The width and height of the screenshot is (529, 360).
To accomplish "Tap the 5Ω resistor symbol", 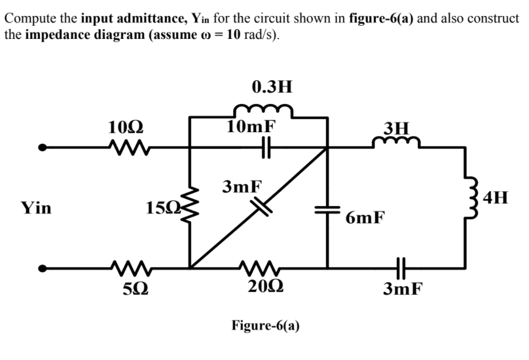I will pos(126,267).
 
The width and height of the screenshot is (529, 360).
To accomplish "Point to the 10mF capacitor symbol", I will pos(264,148).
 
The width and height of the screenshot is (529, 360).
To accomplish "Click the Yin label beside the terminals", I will pos(35,208).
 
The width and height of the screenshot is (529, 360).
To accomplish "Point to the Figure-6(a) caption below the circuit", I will pos(265,326).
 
